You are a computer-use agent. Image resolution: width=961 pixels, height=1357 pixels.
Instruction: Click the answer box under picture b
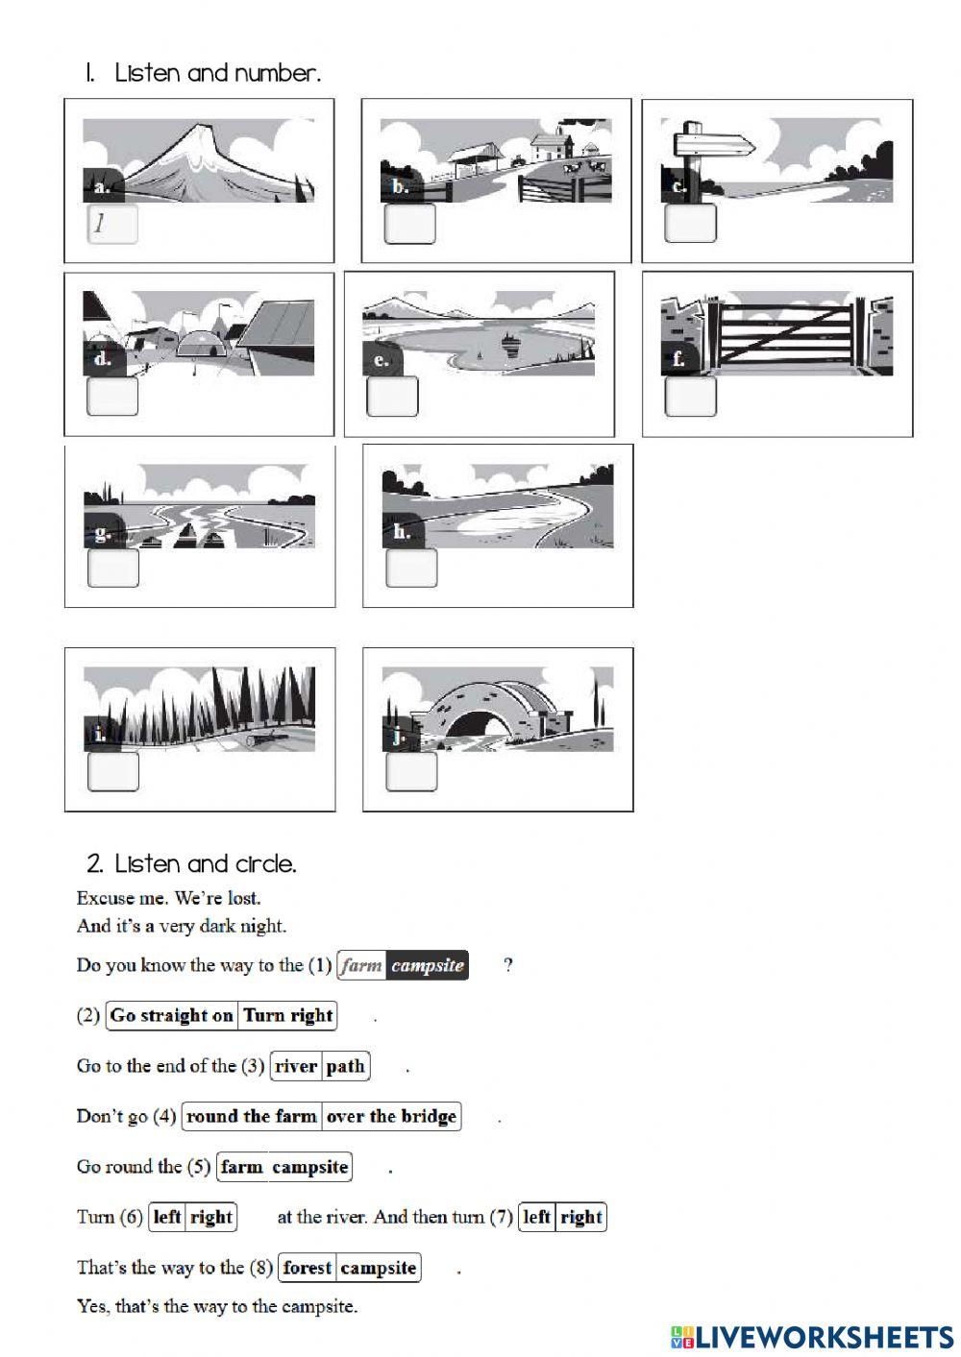pyautogui.click(x=409, y=225)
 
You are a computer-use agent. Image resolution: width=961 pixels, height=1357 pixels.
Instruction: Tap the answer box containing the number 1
pyautogui.click(x=112, y=225)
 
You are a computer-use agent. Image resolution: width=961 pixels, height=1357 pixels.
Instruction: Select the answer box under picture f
pyautogui.click(x=690, y=397)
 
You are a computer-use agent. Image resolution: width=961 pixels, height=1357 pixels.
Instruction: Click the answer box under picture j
pyautogui.click(x=411, y=771)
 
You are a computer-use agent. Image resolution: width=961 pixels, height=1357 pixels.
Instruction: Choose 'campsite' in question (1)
pyautogui.click(x=428, y=965)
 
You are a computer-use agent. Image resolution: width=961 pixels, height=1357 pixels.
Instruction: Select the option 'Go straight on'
pyautogui.click(x=172, y=1015)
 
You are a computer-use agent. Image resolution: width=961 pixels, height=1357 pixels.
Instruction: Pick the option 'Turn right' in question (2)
pyautogui.click(x=287, y=1015)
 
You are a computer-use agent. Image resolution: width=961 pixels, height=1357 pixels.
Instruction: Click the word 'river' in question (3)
pyautogui.click(x=296, y=1066)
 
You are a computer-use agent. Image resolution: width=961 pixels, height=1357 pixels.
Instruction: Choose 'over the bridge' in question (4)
pyautogui.click(x=391, y=1116)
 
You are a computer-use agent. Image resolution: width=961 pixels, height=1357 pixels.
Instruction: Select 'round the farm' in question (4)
pyautogui.click(x=251, y=1116)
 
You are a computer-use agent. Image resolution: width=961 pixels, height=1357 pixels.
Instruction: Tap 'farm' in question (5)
pyautogui.click(x=241, y=1167)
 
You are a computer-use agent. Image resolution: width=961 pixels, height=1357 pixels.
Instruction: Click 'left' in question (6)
pyautogui.click(x=167, y=1217)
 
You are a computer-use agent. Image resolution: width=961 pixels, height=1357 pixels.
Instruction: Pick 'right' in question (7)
pyautogui.click(x=581, y=1217)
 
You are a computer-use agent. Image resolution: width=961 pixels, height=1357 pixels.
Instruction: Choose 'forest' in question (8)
pyautogui.click(x=307, y=1268)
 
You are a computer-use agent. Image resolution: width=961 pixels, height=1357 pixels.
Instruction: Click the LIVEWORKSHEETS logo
pyautogui.click(x=812, y=1336)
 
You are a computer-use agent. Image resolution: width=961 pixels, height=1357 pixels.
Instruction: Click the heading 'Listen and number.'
pyautogui.click(x=217, y=73)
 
